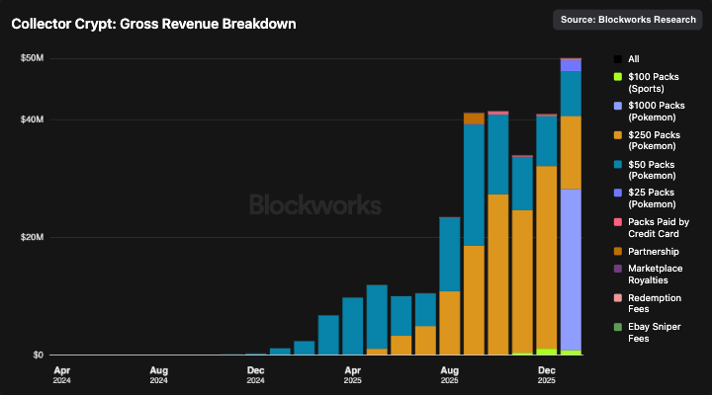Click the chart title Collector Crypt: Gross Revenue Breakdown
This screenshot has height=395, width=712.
153,23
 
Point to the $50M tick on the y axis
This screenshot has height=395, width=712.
32,58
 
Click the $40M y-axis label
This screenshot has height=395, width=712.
32,119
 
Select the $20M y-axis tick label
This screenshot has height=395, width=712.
32,238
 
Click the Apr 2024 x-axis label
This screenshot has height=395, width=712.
62,376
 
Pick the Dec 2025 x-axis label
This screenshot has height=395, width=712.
547,376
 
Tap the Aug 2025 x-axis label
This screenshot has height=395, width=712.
450,376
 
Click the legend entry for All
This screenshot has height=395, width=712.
634,59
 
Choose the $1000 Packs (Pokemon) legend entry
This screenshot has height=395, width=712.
656,112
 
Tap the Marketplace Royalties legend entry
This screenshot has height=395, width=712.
656,275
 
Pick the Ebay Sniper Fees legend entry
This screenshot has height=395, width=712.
656,333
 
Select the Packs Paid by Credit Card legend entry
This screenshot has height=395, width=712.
658,228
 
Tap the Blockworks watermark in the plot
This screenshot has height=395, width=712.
314,205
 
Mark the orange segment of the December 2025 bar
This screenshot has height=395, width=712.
547,257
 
